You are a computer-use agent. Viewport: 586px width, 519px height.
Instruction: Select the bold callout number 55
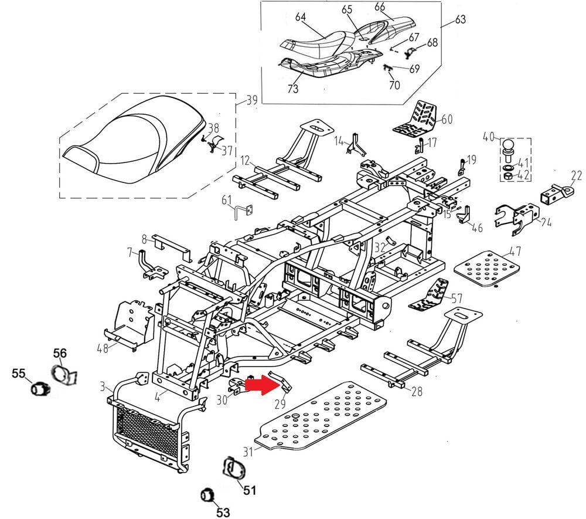(19, 372)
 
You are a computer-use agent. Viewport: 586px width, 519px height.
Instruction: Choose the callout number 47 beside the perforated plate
(515, 253)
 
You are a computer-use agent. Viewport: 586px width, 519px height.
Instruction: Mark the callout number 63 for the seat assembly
(459, 20)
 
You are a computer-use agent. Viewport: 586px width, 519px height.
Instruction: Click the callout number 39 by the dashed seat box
(251, 100)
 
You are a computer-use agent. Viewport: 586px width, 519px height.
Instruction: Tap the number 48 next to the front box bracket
(103, 348)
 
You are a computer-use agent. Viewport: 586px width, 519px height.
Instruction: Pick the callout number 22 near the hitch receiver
(577, 175)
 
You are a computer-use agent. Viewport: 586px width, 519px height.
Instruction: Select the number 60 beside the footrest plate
(447, 120)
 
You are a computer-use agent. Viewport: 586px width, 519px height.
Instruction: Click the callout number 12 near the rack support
(245, 160)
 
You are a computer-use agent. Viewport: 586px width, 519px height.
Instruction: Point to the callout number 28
(417, 391)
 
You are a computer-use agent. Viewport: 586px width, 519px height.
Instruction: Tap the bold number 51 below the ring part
(250, 490)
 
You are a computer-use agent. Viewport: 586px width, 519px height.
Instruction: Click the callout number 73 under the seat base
(293, 89)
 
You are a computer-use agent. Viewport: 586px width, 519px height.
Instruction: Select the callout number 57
(456, 298)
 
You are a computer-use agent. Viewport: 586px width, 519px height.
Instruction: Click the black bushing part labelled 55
(40, 388)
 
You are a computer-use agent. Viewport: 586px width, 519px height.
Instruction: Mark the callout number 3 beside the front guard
(103, 387)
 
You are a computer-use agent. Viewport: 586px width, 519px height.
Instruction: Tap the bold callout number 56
(60, 352)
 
